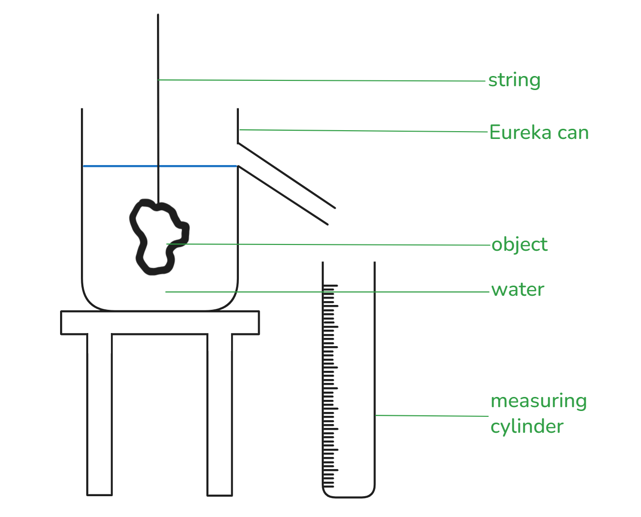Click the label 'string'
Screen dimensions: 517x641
pyautogui.click(x=514, y=80)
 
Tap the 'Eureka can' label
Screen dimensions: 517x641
pyautogui.click(x=539, y=132)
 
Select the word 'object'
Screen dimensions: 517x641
pyautogui.click(x=519, y=244)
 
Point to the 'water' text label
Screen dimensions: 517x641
pyautogui.click(x=518, y=289)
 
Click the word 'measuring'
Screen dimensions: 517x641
pyautogui.click(x=538, y=401)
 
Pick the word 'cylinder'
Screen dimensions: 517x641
pyautogui.click(x=527, y=426)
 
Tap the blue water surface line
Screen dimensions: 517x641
pyautogui.click(x=121, y=166)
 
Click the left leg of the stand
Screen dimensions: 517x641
pyautogui.click(x=100, y=416)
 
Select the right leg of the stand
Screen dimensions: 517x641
pyautogui.click(x=220, y=416)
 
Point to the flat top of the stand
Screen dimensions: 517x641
pyautogui.click(x=160, y=322)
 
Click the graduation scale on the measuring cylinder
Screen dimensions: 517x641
pyautogui.click(x=329, y=387)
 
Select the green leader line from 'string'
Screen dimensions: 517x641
pyautogui.click(x=320, y=81)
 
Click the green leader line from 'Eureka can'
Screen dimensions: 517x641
pyautogui.click(x=363, y=131)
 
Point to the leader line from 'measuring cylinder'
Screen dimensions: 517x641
pyautogui.click(x=431, y=416)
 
